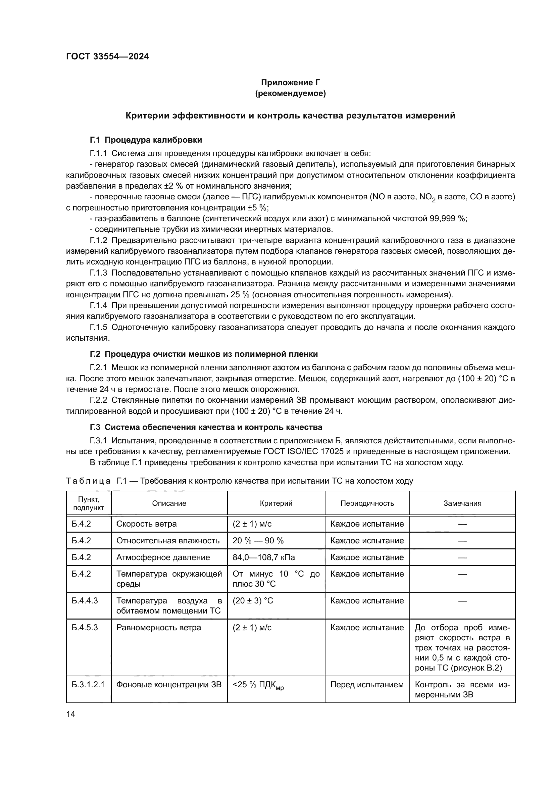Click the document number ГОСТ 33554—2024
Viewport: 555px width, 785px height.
tap(107, 56)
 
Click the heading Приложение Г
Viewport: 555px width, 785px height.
tap(291, 83)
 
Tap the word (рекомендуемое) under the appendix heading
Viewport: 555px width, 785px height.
tap(291, 93)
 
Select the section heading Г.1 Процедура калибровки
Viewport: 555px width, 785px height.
tap(146, 140)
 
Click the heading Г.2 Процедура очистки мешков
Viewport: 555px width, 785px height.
tap(204, 354)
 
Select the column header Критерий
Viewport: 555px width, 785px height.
tap(276, 503)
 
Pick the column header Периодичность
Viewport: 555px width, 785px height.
tap(367, 503)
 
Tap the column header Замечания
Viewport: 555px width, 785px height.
tap(462, 503)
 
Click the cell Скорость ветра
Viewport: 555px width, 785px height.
tap(146, 524)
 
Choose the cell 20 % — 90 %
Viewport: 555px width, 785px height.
tap(258, 541)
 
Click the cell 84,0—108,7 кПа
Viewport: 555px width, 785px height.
tap(263, 557)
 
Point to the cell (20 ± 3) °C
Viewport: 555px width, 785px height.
tap(253, 601)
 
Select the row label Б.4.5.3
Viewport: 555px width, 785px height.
tap(85, 628)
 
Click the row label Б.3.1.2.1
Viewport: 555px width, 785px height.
tap(88, 685)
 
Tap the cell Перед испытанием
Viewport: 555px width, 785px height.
tap(367, 685)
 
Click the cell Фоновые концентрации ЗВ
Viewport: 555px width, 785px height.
tap(169, 685)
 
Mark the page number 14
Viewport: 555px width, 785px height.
tap(70, 714)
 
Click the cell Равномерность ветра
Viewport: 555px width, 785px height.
tap(159, 628)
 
